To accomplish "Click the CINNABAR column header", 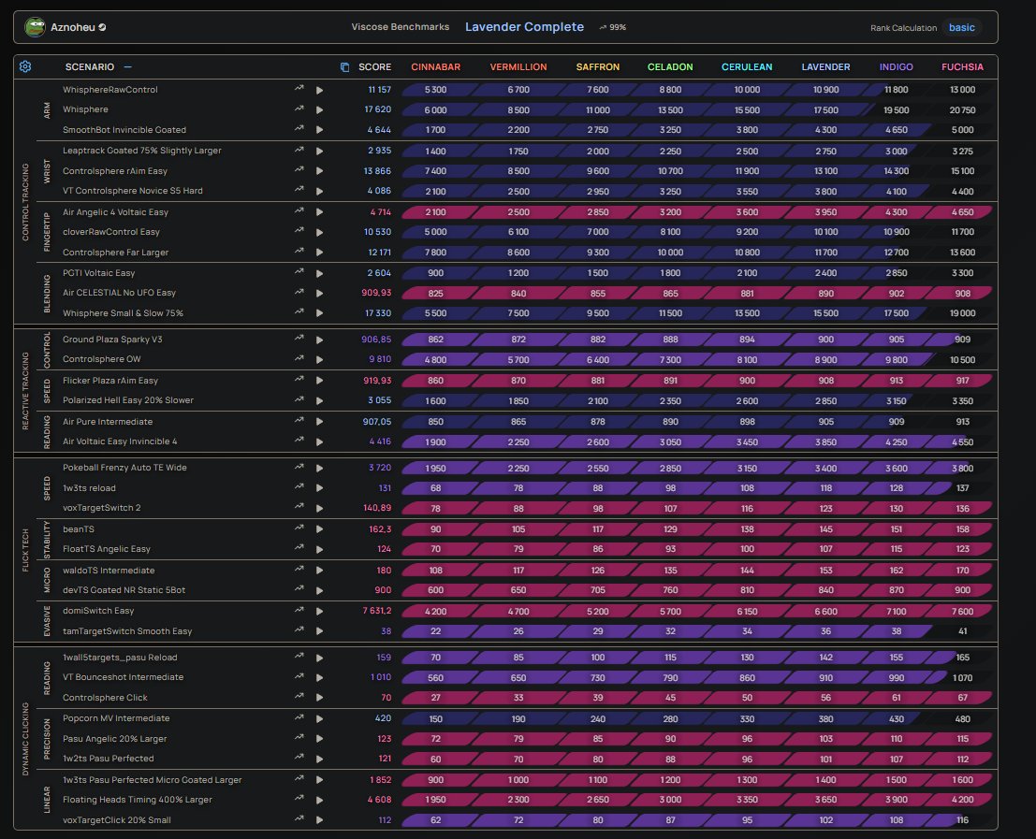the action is pyautogui.click(x=435, y=66).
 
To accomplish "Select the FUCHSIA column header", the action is pyautogui.click(x=962, y=66).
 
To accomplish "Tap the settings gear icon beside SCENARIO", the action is pyautogui.click(x=25, y=66).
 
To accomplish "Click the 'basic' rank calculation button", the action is pyautogui.click(x=961, y=28).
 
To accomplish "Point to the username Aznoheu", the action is pyautogui.click(x=73, y=27).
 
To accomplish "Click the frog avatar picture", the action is pyautogui.click(x=35, y=27).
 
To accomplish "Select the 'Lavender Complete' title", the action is pyautogui.click(x=524, y=27).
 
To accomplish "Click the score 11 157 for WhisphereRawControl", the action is pyautogui.click(x=379, y=90).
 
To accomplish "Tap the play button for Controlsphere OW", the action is pyautogui.click(x=320, y=360).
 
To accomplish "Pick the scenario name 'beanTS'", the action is pyautogui.click(x=79, y=529).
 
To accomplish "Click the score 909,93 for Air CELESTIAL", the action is pyautogui.click(x=376, y=293).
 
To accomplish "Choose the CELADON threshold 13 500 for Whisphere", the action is pyautogui.click(x=670, y=110).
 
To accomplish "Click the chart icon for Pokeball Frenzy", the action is pyautogui.click(x=299, y=468).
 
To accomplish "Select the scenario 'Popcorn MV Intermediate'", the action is pyautogui.click(x=116, y=718).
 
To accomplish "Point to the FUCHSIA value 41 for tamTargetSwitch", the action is pyautogui.click(x=963, y=631).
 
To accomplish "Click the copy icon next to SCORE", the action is pyautogui.click(x=345, y=67).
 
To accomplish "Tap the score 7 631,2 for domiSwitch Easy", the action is pyautogui.click(x=376, y=612).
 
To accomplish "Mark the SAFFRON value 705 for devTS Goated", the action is pyautogui.click(x=597, y=590).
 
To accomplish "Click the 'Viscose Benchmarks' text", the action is pyautogui.click(x=401, y=27).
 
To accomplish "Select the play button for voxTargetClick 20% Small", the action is pyautogui.click(x=320, y=820).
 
